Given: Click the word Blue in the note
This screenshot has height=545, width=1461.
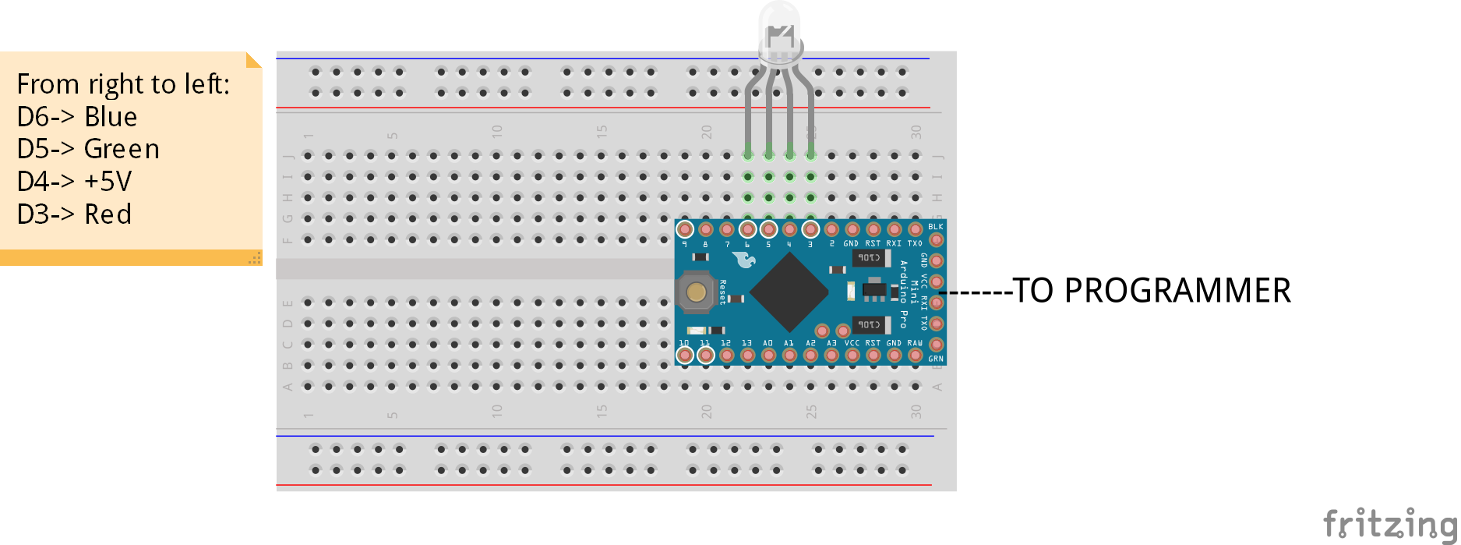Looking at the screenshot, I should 111,117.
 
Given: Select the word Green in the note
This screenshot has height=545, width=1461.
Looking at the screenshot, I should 122,149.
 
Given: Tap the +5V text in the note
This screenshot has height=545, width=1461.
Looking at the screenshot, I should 108,182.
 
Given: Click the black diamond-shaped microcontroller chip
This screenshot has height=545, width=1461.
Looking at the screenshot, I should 789,291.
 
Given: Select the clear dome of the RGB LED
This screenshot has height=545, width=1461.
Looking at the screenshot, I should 780,31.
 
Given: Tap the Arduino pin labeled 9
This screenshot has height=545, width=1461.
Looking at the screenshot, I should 685,229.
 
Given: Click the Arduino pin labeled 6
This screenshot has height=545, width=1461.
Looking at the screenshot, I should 748,229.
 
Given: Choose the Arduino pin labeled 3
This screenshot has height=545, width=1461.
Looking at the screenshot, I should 810,229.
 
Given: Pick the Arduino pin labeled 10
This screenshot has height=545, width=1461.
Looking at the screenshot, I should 685,356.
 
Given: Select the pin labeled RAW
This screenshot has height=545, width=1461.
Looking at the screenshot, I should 915,356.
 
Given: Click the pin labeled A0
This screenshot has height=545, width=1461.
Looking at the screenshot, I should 768,356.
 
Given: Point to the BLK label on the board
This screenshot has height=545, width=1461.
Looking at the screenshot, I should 935,227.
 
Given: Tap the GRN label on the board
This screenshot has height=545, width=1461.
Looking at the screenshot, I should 935,359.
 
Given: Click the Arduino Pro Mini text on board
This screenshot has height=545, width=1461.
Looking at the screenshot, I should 903,293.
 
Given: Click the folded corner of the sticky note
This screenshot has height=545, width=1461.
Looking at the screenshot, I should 254,59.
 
